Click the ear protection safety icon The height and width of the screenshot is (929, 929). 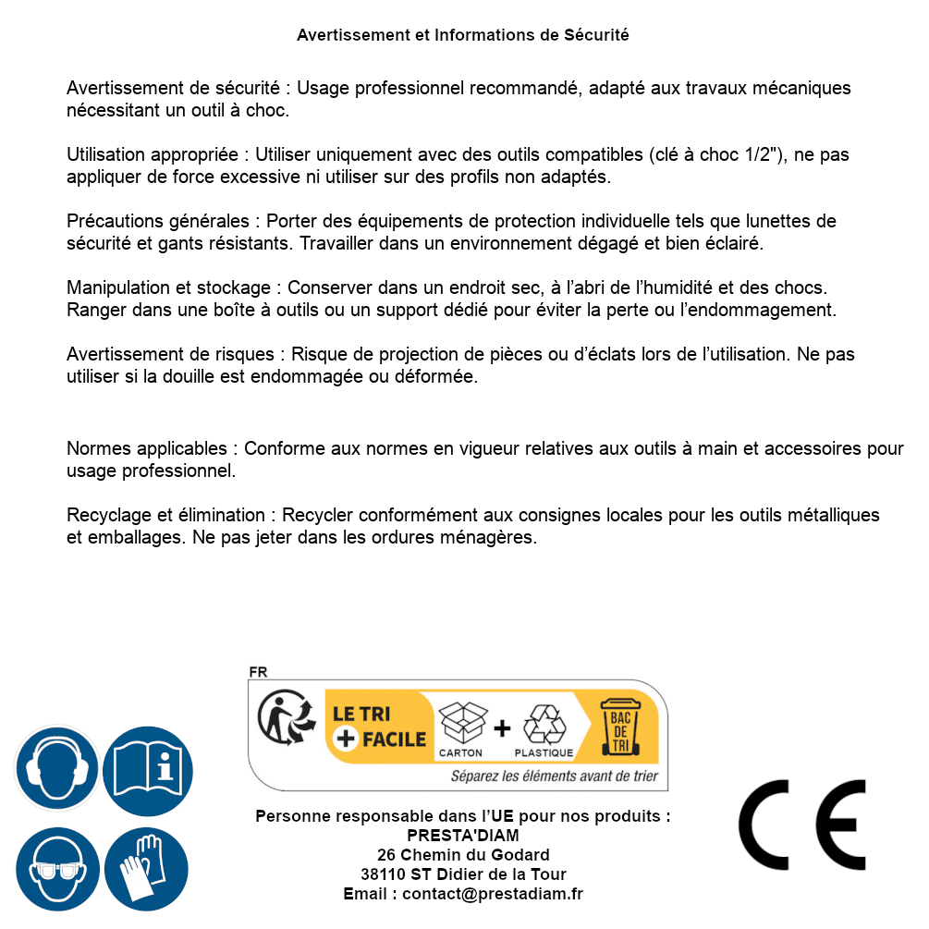pos(57,768)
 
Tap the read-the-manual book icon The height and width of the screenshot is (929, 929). pos(147,768)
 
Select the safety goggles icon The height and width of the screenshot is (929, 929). pos(57,870)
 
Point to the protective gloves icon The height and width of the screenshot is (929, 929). pos(147,870)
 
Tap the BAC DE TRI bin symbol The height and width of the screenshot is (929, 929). pos(618,727)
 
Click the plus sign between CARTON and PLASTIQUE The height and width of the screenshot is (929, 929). pos(502,728)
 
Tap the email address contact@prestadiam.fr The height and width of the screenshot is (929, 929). pos(493,894)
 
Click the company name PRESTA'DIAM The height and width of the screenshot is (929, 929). pos(463,836)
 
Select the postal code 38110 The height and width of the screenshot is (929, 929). pos(383,874)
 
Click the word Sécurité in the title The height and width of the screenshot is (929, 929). pos(596,35)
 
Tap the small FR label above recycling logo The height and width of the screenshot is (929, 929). pos(258,672)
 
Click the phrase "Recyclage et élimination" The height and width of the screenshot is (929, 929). pos(167,515)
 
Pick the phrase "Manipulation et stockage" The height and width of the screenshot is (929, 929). pos(169,287)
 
